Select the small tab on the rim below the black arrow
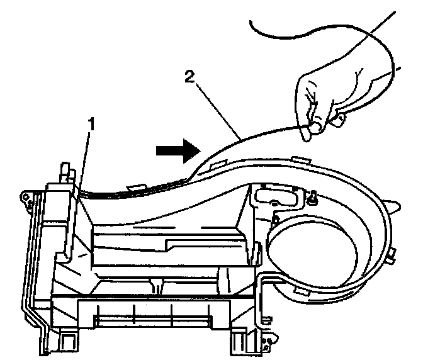pos(134,187)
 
